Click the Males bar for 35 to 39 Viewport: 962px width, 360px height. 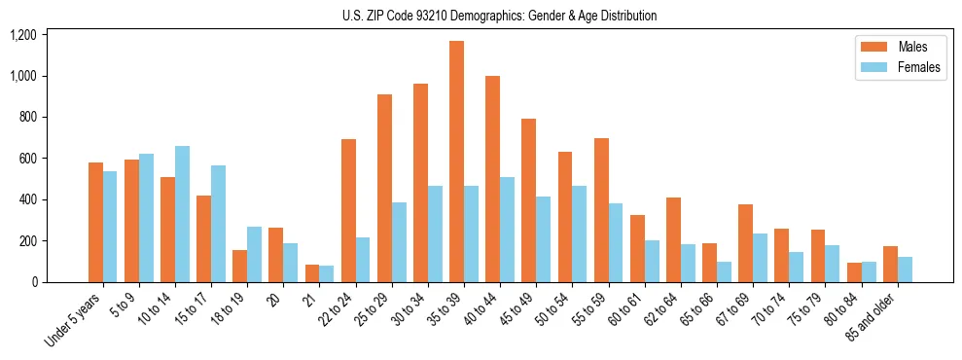tap(456, 162)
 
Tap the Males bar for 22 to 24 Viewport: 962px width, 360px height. tap(348, 210)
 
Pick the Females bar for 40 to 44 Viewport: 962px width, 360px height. tap(507, 230)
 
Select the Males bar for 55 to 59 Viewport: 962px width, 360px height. tap(601, 210)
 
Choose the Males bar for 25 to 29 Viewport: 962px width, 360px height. tap(384, 188)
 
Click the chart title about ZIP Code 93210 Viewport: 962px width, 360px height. tap(499, 16)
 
